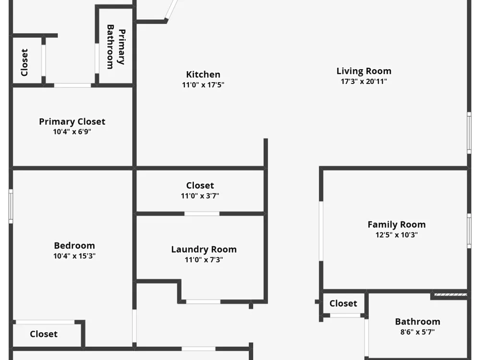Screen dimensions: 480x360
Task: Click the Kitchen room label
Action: [x=203, y=74]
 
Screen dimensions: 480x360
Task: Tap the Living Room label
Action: [x=364, y=71]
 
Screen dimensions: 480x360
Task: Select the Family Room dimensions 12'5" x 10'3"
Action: [x=396, y=235]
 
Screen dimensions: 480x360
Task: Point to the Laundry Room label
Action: [x=204, y=250]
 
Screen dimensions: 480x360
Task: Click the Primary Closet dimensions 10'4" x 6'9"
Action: [x=72, y=132]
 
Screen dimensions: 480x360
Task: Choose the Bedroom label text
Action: [x=74, y=245]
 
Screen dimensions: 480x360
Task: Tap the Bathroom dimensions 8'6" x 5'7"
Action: [x=418, y=332]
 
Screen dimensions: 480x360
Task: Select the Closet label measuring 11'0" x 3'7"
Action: [x=200, y=185]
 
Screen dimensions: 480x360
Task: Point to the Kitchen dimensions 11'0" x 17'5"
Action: [x=203, y=85]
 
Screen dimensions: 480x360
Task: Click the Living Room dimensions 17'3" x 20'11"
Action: [x=364, y=82]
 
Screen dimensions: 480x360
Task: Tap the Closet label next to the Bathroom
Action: [x=343, y=303]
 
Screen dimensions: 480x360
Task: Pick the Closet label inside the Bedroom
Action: [x=44, y=334]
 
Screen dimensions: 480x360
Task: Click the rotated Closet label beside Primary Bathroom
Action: [x=24, y=62]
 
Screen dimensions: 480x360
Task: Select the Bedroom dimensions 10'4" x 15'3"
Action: [x=74, y=256]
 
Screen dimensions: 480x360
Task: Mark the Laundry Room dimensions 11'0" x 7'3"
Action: [x=204, y=260]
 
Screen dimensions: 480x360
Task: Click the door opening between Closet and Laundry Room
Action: [x=202, y=214]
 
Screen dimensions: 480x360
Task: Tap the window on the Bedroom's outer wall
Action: [x=11, y=206]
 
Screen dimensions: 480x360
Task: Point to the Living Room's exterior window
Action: [x=469, y=133]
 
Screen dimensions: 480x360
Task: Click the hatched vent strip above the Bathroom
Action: [x=451, y=295]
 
